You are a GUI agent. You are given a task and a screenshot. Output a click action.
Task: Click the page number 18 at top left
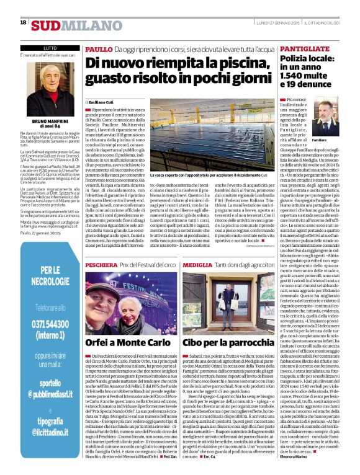pos(24,22)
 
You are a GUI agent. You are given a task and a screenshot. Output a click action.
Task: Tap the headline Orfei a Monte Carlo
pos(128,342)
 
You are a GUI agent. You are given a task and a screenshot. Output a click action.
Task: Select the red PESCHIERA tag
pos(101,265)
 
